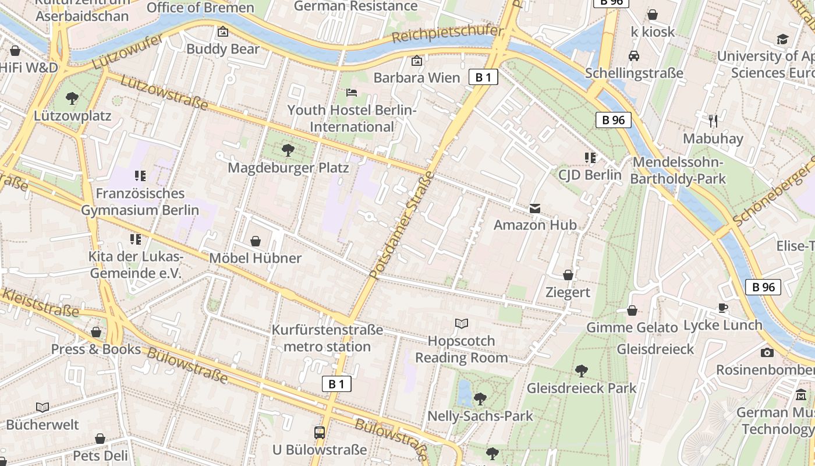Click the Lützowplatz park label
point(72,115)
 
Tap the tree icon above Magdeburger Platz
point(288,150)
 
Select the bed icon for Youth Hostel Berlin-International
point(352,93)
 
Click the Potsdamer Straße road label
point(402,225)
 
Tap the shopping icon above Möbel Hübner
point(255,241)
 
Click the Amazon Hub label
point(535,225)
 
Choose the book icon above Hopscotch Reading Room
point(461,323)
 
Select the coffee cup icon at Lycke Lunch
point(723,308)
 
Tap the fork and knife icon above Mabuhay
point(713,121)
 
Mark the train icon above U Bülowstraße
point(320,433)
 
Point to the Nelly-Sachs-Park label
point(480,416)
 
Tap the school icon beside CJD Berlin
point(590,158)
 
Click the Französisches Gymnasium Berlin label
point(140,202)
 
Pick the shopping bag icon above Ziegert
point(568,275)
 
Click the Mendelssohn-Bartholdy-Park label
point(678,170)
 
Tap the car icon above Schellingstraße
point(634,56)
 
